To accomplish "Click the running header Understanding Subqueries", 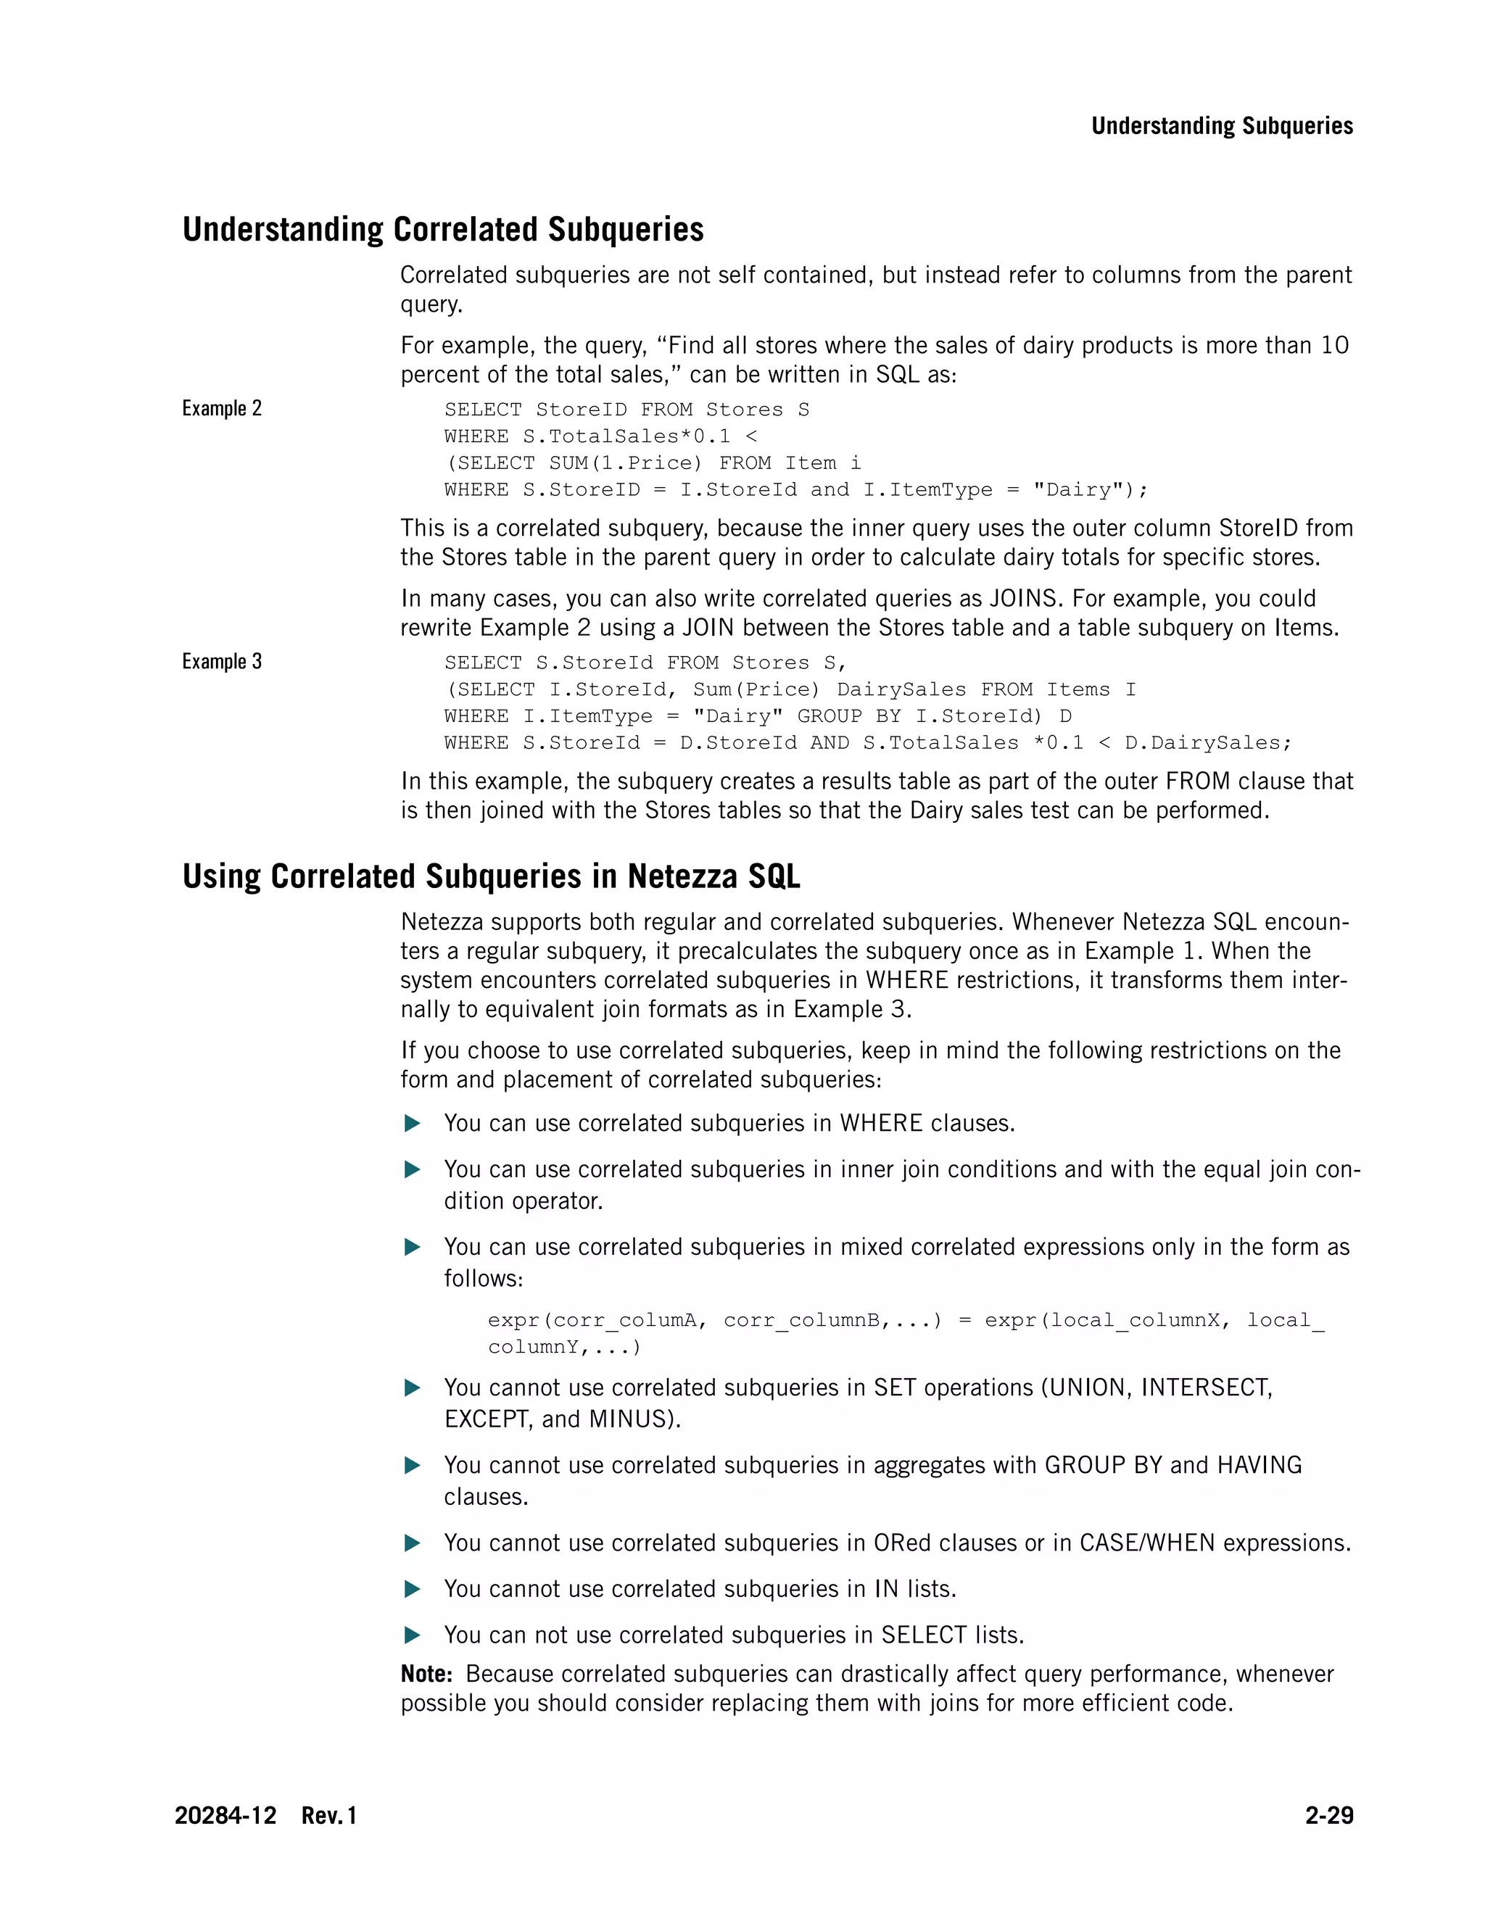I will coord(1221,126).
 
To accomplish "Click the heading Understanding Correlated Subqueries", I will coord(442,230).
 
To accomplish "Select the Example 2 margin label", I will coord(222,408).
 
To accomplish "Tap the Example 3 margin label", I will coord(222,661).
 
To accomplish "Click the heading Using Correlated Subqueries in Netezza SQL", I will coord(491,877).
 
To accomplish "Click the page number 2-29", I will coord(1328,1815).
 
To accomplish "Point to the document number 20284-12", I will coord(226,1815).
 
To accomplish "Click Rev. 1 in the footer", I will coord(329,1815).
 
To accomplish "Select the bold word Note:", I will coord(426,1674).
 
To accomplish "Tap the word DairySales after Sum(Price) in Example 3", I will coord(901,689).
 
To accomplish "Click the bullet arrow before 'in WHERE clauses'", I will coord(412,1123).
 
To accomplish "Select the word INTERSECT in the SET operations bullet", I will coord(1205,1388).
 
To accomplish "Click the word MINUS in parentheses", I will coord(631,1419).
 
